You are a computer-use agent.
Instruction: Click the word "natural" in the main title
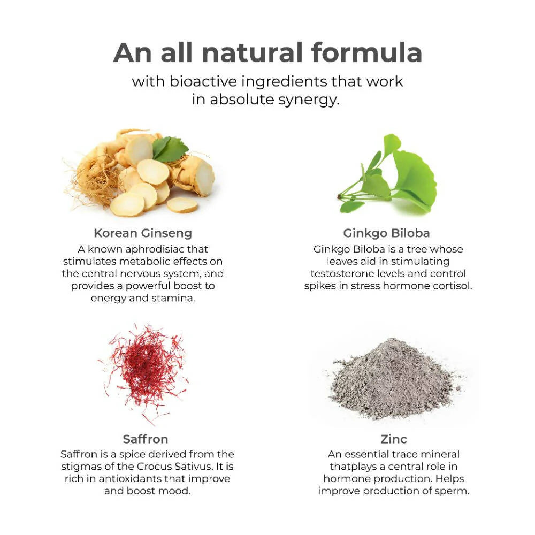(x=252, y=52)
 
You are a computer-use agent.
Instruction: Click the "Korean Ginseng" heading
(x=143, y=233)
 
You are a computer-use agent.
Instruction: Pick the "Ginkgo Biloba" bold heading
(x=386, y=233)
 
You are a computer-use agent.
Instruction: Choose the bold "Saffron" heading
(x=146, y=439)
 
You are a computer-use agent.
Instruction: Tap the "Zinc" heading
(x=393, y=439)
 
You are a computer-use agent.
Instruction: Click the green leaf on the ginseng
(x=170, y=149)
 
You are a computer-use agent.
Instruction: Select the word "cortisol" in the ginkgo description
(x=452, y=286)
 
